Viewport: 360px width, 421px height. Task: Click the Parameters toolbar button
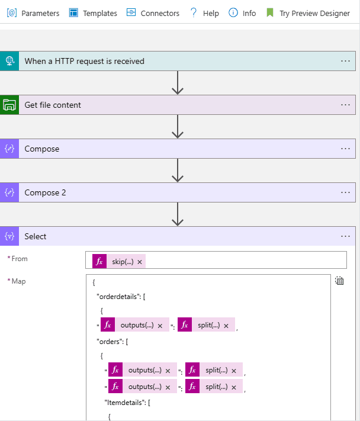[34, 13]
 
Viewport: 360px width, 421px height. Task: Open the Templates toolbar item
[93, 13]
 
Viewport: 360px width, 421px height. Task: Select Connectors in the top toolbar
[153, 13]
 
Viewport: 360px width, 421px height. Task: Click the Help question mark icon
[194, 13]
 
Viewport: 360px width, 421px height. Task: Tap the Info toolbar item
[242, 13]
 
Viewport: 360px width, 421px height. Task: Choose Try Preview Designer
[308, 13]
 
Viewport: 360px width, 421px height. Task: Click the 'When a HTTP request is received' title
[84, 61]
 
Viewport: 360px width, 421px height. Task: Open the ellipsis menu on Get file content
[346, 105]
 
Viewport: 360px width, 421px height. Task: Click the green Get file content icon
[9, 105]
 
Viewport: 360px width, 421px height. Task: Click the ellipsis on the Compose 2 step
[346, 192]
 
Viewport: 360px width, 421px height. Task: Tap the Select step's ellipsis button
[346, 236]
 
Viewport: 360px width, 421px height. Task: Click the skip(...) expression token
[122, 262]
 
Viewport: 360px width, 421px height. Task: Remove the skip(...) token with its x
[140, 262]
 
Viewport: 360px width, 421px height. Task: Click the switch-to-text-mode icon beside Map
[339, 281]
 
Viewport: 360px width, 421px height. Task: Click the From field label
[20, 259]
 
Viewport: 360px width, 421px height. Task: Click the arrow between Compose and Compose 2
[177, 171]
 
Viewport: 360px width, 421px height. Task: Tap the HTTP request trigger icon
[9, 61]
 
